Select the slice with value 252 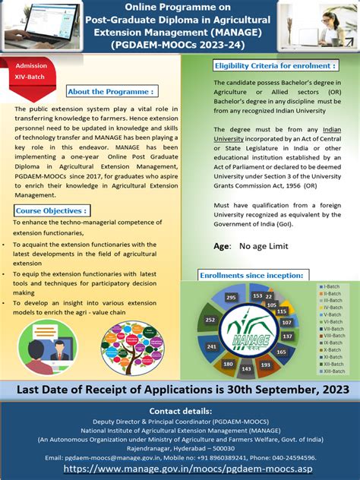click(210, 320)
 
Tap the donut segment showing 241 click(212, 346)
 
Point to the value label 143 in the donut click(247, 368)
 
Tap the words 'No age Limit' click(265, 247)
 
